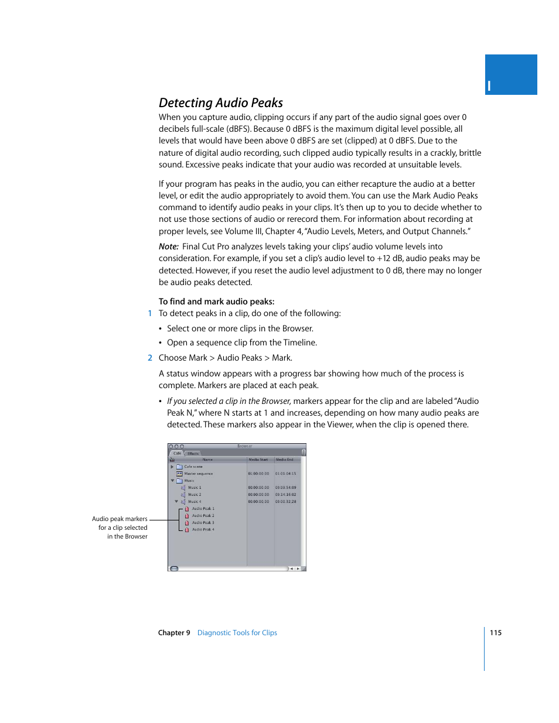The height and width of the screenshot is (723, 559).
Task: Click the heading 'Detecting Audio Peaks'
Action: (x=220, y=103)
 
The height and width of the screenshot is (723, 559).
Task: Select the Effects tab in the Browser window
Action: (x=193, y=454)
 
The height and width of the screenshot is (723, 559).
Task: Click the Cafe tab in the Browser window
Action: (x=177, y=453)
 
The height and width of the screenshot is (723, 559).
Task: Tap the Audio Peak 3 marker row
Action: (x=203, y=523)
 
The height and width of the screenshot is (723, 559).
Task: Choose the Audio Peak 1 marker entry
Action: (x=203, y=509)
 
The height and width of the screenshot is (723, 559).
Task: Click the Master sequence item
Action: (x=198, y=474)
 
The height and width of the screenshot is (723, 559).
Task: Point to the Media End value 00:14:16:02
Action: (x=286, y=495)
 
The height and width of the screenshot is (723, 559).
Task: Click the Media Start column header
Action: (x=258, y=460)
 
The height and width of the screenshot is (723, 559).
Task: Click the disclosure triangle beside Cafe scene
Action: (x=172, y=467)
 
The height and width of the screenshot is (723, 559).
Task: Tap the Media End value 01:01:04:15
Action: (x=286, y=474)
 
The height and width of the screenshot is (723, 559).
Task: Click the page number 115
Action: (x=496, y=633)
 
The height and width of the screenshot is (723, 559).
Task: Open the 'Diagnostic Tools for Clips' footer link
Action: (x=237, y=633)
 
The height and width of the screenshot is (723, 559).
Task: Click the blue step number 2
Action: (x=150, y=358)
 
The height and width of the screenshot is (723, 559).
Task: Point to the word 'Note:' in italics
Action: (x=168, y=246)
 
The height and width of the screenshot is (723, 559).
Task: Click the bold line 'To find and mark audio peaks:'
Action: (x=216, y=301)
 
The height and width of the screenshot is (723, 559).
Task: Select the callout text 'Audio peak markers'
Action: (x=120, y=519)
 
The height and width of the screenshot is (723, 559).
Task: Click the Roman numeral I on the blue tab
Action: (x=489, y=87)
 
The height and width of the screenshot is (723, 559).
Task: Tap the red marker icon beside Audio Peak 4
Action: (x=187, y=530)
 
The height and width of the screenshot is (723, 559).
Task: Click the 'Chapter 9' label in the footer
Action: (x=174, y=633)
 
